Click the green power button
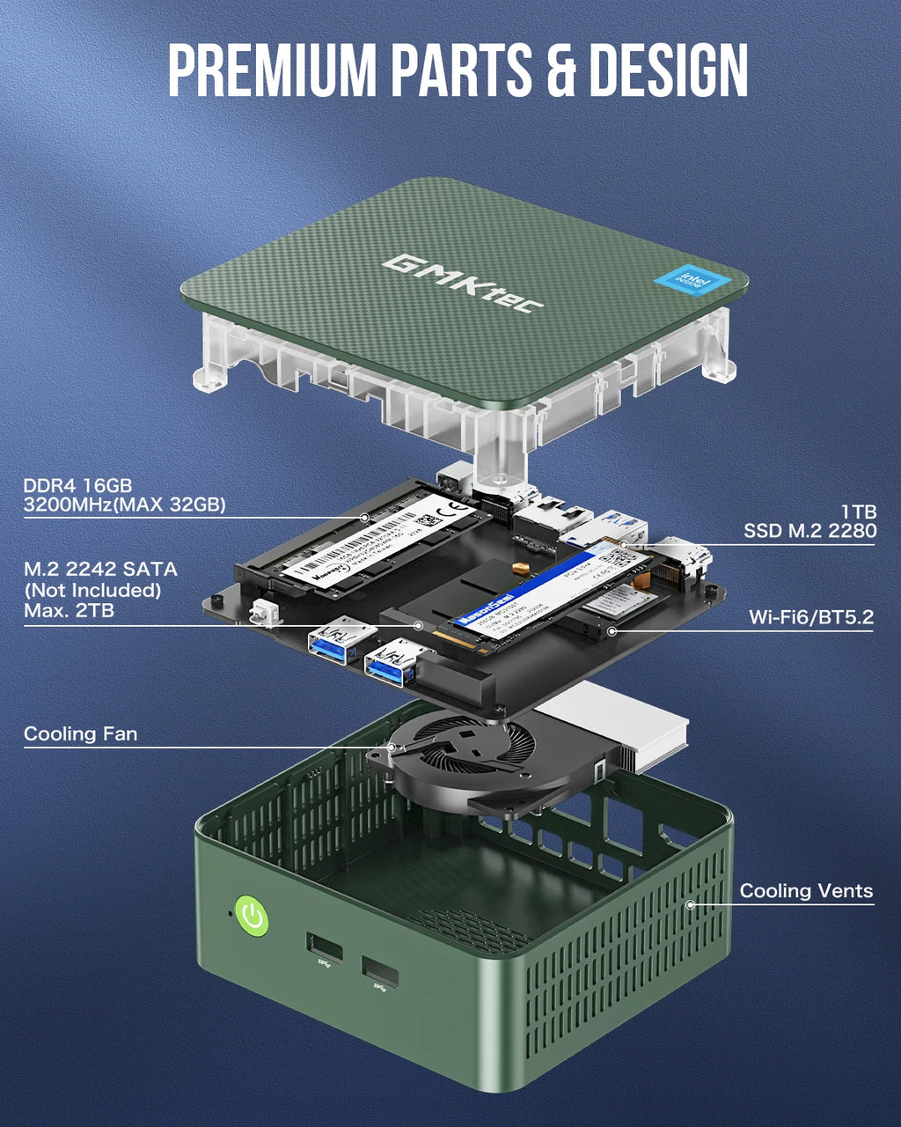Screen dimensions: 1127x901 click(x=253, y=917)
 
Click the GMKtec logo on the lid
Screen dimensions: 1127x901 click(x=464, y=282)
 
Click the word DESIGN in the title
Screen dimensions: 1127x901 click(x=668, y=70)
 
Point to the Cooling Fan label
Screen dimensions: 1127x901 click(x=80, y=733)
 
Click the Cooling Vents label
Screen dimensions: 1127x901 click(x=806, y=890)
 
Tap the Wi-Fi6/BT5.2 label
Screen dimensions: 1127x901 click(x=811, y=616)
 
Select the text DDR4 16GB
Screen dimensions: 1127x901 click(x=77, y=485)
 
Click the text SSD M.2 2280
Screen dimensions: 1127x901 click(x=809, y=530)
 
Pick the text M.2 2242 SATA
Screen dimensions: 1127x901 click(x=100, y=569)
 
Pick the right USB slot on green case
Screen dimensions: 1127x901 click(x=379, y=974)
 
